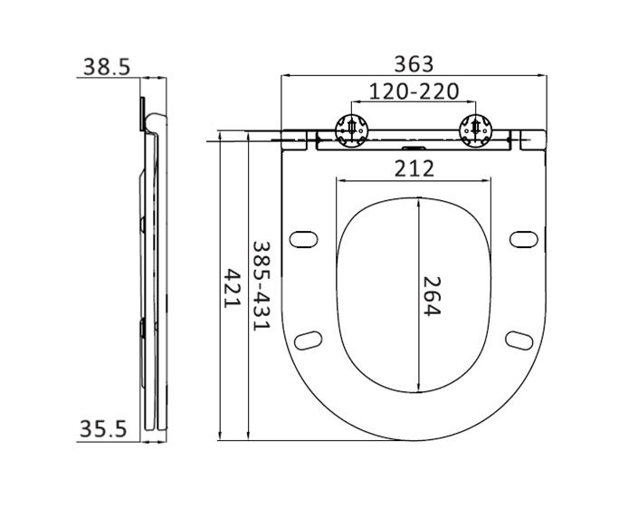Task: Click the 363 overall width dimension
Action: (x=414, y=64)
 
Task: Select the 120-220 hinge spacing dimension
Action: (x=413, y=91)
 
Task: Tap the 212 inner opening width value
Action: (x=413, y=168)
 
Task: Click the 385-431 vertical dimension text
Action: (x=261, y=284)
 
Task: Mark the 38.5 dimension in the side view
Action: (x=108, y=66)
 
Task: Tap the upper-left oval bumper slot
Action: (x=303, y=238)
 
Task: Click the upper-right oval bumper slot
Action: (x=522, y=238)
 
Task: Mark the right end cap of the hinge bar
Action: (x=531, y=139)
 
